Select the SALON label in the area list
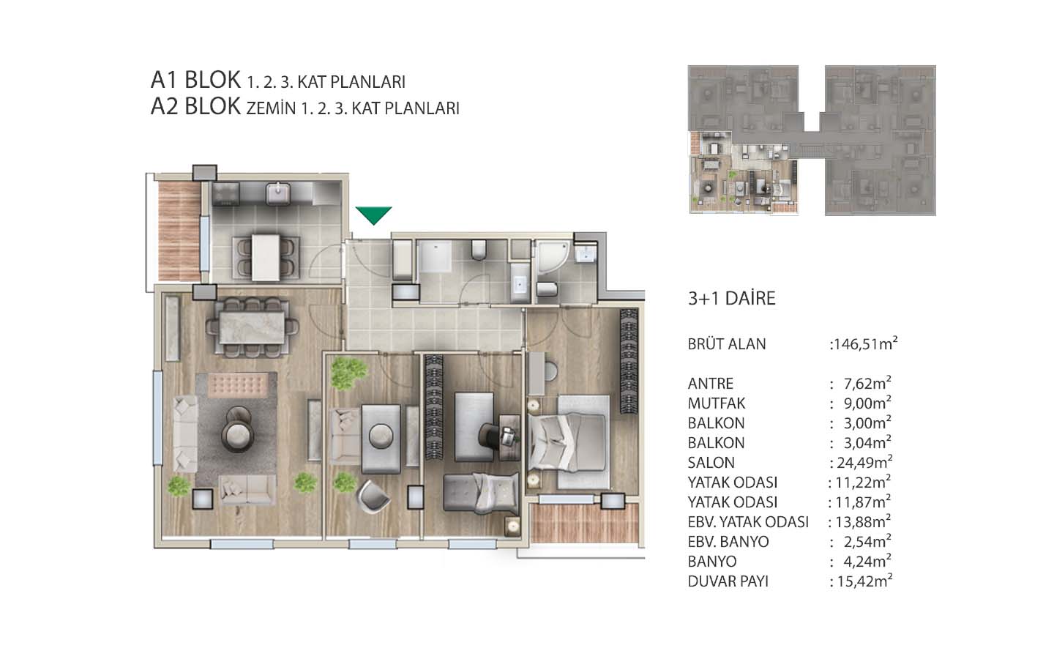tap(711, 463)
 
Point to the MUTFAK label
tap(717, 403)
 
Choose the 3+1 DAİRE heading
tap(732, 299)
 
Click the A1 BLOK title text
tap(195, 80)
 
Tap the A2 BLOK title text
tap(195, 106)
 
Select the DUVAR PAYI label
tap(728, 581)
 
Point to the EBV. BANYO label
tap(728, 542)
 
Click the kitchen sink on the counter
tap(278, 194)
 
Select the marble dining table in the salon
tap(252, 327)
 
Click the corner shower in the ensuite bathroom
tap(553, 257)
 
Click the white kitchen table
tap(266, 258)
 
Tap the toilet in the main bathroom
tap(479, 250)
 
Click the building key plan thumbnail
tap(812, 141)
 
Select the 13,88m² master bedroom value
tap(864, 521)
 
